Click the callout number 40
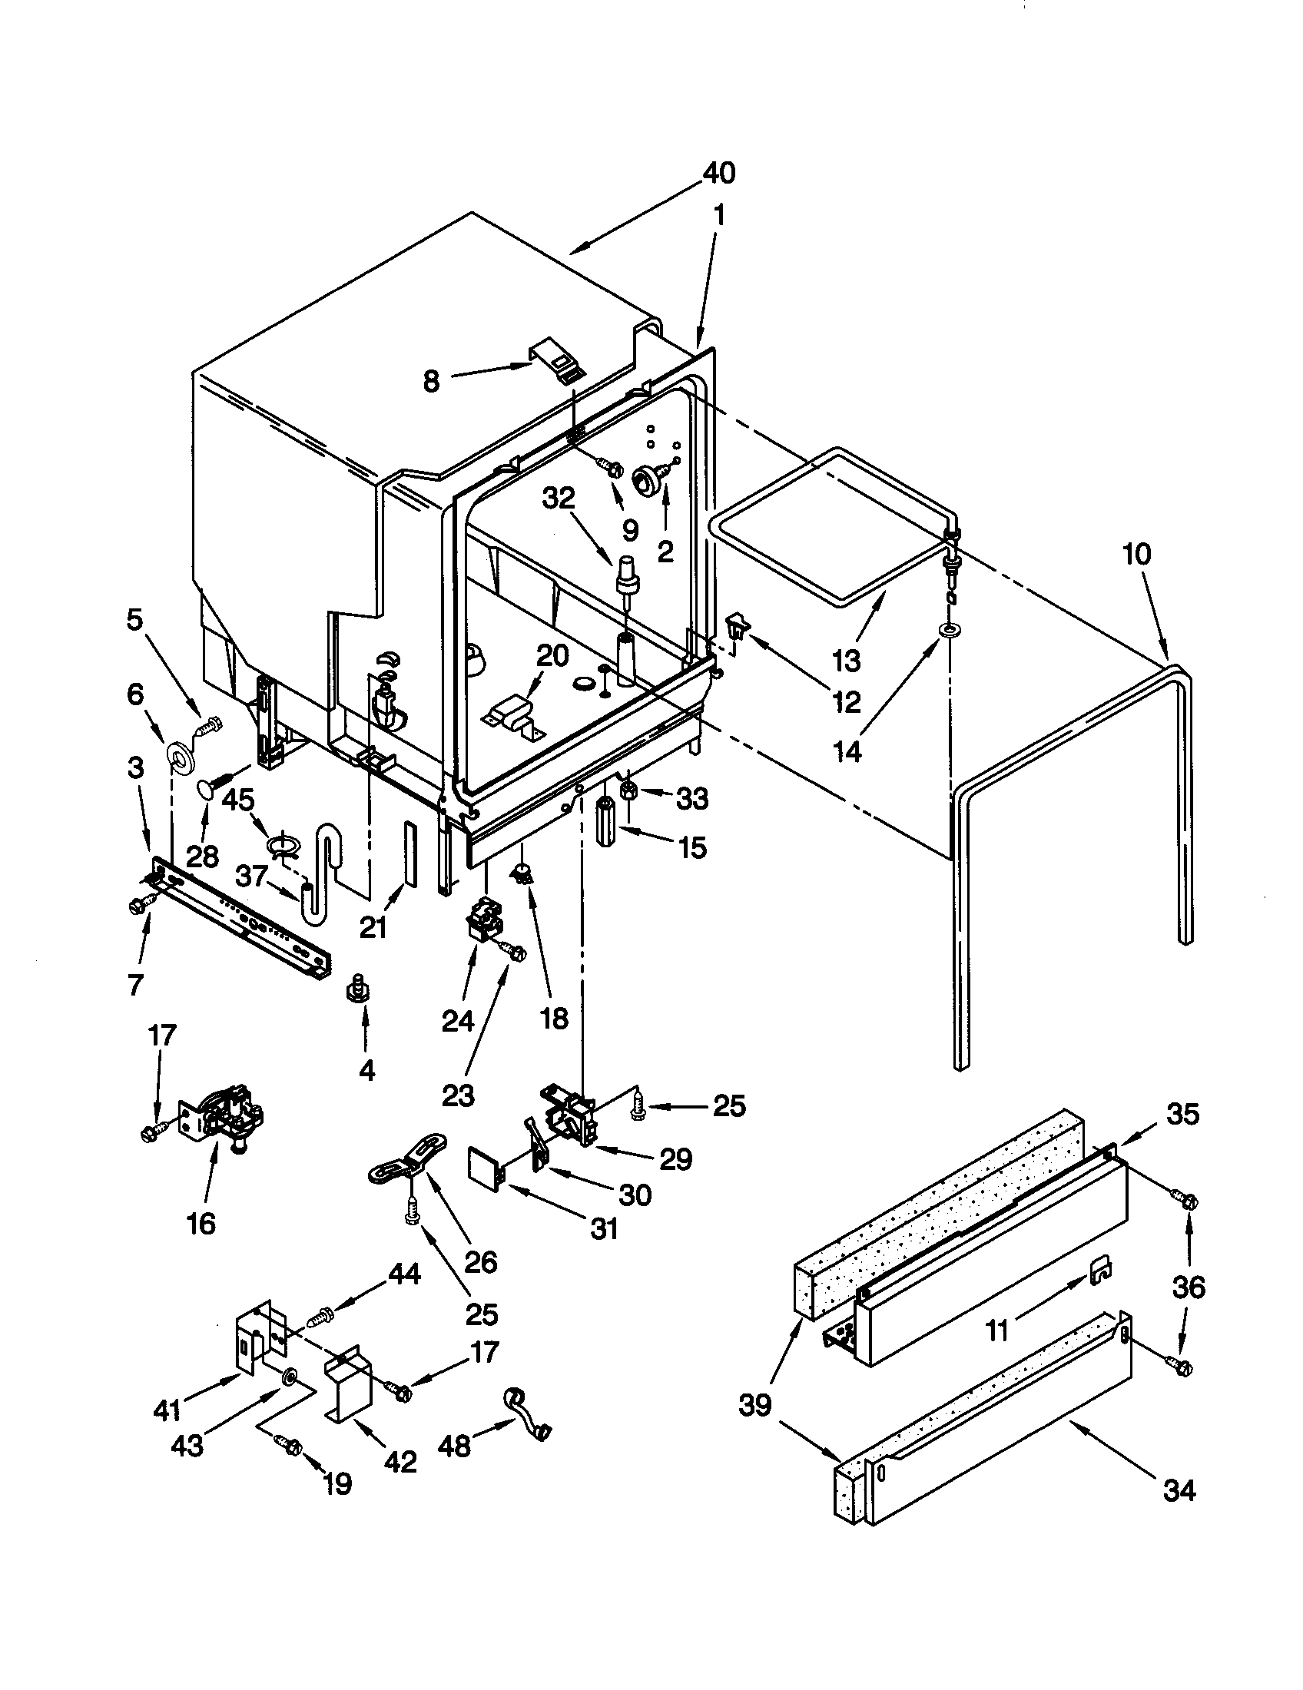click(718, 174)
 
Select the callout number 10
click(1137, 554)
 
